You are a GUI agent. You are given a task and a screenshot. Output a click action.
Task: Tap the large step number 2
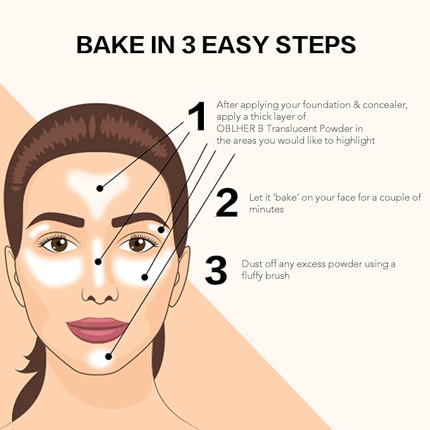[x=227, y=203]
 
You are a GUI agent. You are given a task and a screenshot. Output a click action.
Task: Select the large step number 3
[x=216, y=270]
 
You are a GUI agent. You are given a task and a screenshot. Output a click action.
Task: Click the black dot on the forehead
[x=99, y=187]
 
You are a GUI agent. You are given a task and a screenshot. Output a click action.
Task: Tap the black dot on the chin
[x=110, y=357]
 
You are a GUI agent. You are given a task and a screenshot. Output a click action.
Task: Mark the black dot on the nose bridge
[x=98, y=261]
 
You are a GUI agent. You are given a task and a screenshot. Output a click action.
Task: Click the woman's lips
[x=98, y=329]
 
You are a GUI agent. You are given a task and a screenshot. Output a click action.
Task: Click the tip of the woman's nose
[x=99, y=293]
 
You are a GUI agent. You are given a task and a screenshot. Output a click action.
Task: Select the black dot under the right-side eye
[x=144, y=277]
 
